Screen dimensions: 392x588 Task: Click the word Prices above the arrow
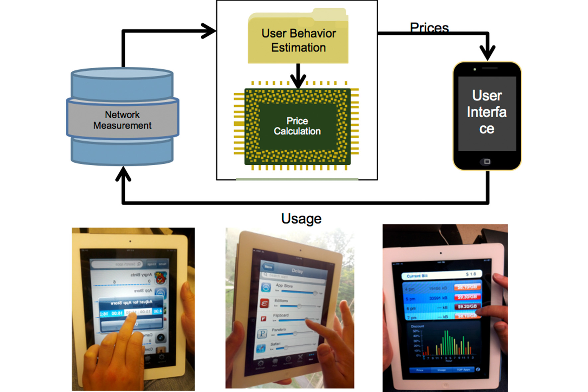429,27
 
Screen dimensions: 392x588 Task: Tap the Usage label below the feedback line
301,219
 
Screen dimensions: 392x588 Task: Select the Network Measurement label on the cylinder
122,120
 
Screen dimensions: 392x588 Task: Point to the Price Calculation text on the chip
297,126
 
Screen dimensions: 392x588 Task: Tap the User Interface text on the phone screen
487,112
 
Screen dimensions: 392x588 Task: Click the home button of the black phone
487,162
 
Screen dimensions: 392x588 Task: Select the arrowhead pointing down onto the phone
487,53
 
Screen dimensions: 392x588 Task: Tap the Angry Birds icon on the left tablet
161,277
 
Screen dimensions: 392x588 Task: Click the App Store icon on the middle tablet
266,287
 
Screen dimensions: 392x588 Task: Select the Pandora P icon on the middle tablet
262,333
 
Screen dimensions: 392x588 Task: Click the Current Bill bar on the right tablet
441,275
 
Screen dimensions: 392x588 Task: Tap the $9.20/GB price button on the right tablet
467,307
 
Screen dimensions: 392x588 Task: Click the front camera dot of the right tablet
441,253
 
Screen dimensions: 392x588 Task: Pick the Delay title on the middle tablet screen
297,271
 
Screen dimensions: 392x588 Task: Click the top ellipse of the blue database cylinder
122,73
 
